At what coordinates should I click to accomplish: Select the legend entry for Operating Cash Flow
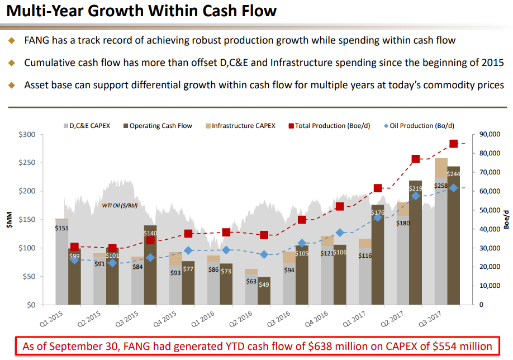pyautogui.click(x=156, y=126)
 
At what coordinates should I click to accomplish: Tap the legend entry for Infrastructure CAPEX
pyautogui.click(x=241, y=126)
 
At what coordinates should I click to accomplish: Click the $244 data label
pyautogui.click(x=453, y=174)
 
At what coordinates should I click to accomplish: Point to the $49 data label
pyautogui.click(x=264, y=285)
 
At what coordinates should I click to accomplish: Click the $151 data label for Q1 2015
pyautogui.click(x=62, y=228)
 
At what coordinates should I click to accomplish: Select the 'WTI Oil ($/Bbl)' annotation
pyautogui.click(x=120, y=205)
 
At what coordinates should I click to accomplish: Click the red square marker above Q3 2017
pyautogui.click(x=454, y=144)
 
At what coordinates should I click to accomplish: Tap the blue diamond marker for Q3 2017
pyautogui.click(x=454, y=188)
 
